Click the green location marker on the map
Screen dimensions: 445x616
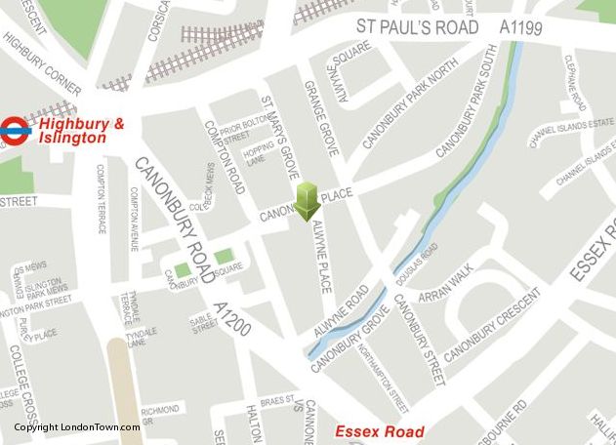coord(308,200)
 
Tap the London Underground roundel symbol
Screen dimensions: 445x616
coord(16,129)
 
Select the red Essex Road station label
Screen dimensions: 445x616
coord(380,431)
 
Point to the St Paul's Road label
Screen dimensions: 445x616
coord(417,26)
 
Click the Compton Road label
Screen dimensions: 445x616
coord(225,156)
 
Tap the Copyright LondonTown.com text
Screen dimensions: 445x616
coord(77,427)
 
